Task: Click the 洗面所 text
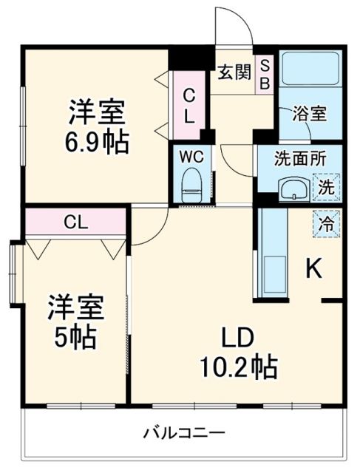coord(299,158)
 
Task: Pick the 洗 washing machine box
coord(326,188)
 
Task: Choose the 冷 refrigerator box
coord(326,221)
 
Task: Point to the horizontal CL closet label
coord(72,222)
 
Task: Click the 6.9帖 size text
coord(97,141)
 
